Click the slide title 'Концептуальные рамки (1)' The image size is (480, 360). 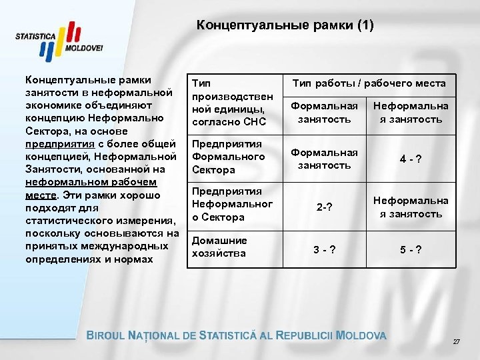(x=285, y=26)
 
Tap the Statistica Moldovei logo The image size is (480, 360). (x=60, y=42)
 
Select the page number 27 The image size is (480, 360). (x=457, y=341)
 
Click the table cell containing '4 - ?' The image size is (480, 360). (x=411, y=158)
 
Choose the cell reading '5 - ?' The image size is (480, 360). (x=411, y=251)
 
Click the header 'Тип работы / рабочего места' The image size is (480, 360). (x=369, y=83)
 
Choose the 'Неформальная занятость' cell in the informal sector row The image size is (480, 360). (x=411, y=207)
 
